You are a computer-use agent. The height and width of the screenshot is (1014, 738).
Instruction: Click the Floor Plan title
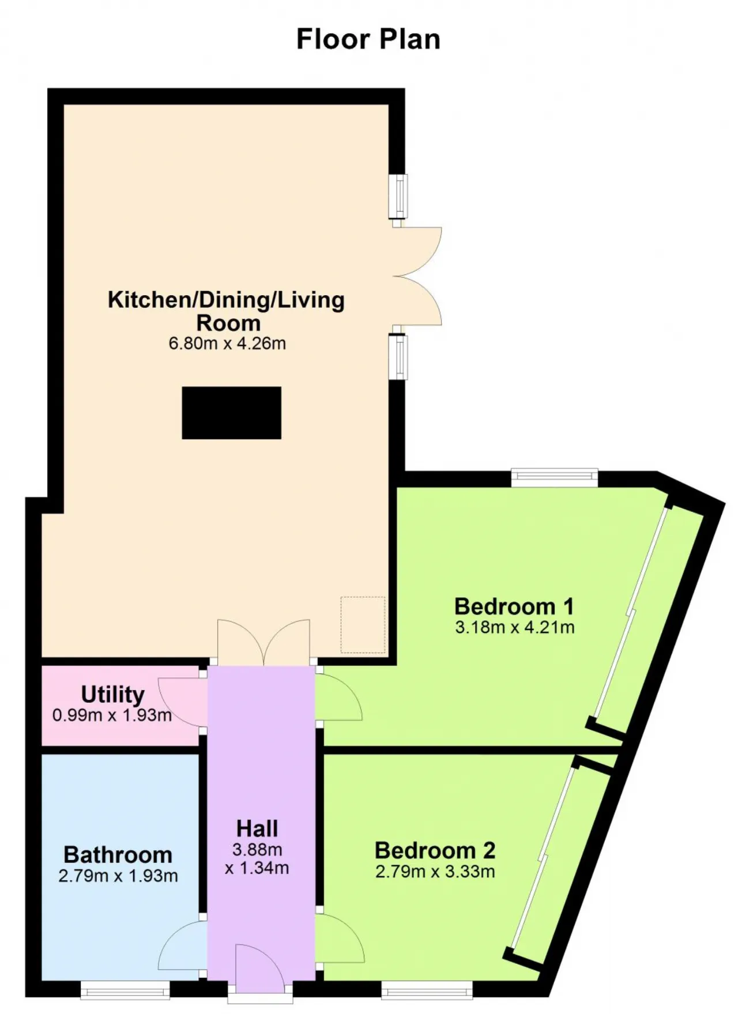368,40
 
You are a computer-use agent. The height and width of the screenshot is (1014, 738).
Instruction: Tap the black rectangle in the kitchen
231,413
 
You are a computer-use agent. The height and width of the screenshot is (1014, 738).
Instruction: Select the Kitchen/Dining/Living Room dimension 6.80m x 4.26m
227,344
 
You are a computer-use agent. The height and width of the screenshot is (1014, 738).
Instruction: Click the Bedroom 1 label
514,606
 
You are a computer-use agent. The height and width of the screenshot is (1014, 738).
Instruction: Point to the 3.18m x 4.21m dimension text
515,627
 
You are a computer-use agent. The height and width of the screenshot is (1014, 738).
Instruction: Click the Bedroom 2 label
435,850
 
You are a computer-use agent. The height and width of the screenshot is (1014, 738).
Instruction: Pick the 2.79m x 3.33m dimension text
435,871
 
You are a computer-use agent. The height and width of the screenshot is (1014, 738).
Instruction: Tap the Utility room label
112,695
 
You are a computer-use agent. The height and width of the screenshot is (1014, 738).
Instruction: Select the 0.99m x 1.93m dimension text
112,715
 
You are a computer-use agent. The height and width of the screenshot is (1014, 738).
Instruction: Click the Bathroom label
118,854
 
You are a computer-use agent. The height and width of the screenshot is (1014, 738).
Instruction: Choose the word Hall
257,828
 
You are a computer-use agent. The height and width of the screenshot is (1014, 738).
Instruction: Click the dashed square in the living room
363,625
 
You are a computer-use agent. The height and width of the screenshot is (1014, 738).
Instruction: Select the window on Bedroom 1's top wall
555,476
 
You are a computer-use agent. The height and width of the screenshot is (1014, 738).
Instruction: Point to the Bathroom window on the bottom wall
125,990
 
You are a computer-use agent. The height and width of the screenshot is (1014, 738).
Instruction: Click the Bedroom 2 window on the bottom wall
427,990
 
